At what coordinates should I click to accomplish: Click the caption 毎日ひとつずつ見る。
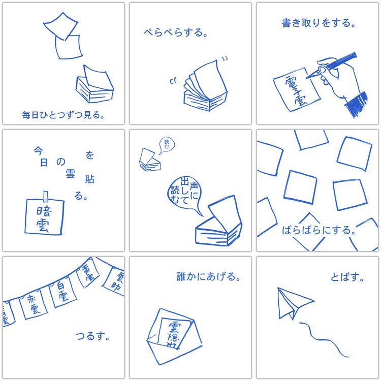(63, 115)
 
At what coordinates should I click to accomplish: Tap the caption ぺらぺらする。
(175, 34)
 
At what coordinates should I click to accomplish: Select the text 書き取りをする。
(319, 23)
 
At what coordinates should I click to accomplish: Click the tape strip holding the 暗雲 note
(45, 196)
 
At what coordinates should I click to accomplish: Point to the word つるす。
(93, 336)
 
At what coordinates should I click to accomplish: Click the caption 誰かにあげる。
(208, 277)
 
